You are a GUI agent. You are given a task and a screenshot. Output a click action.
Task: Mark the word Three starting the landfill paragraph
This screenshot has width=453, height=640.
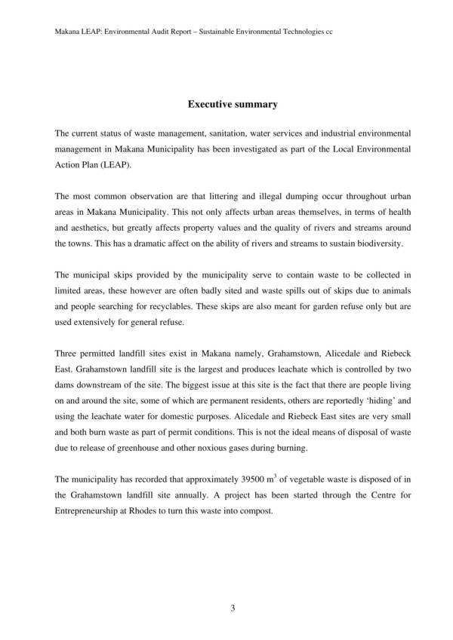67,352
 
